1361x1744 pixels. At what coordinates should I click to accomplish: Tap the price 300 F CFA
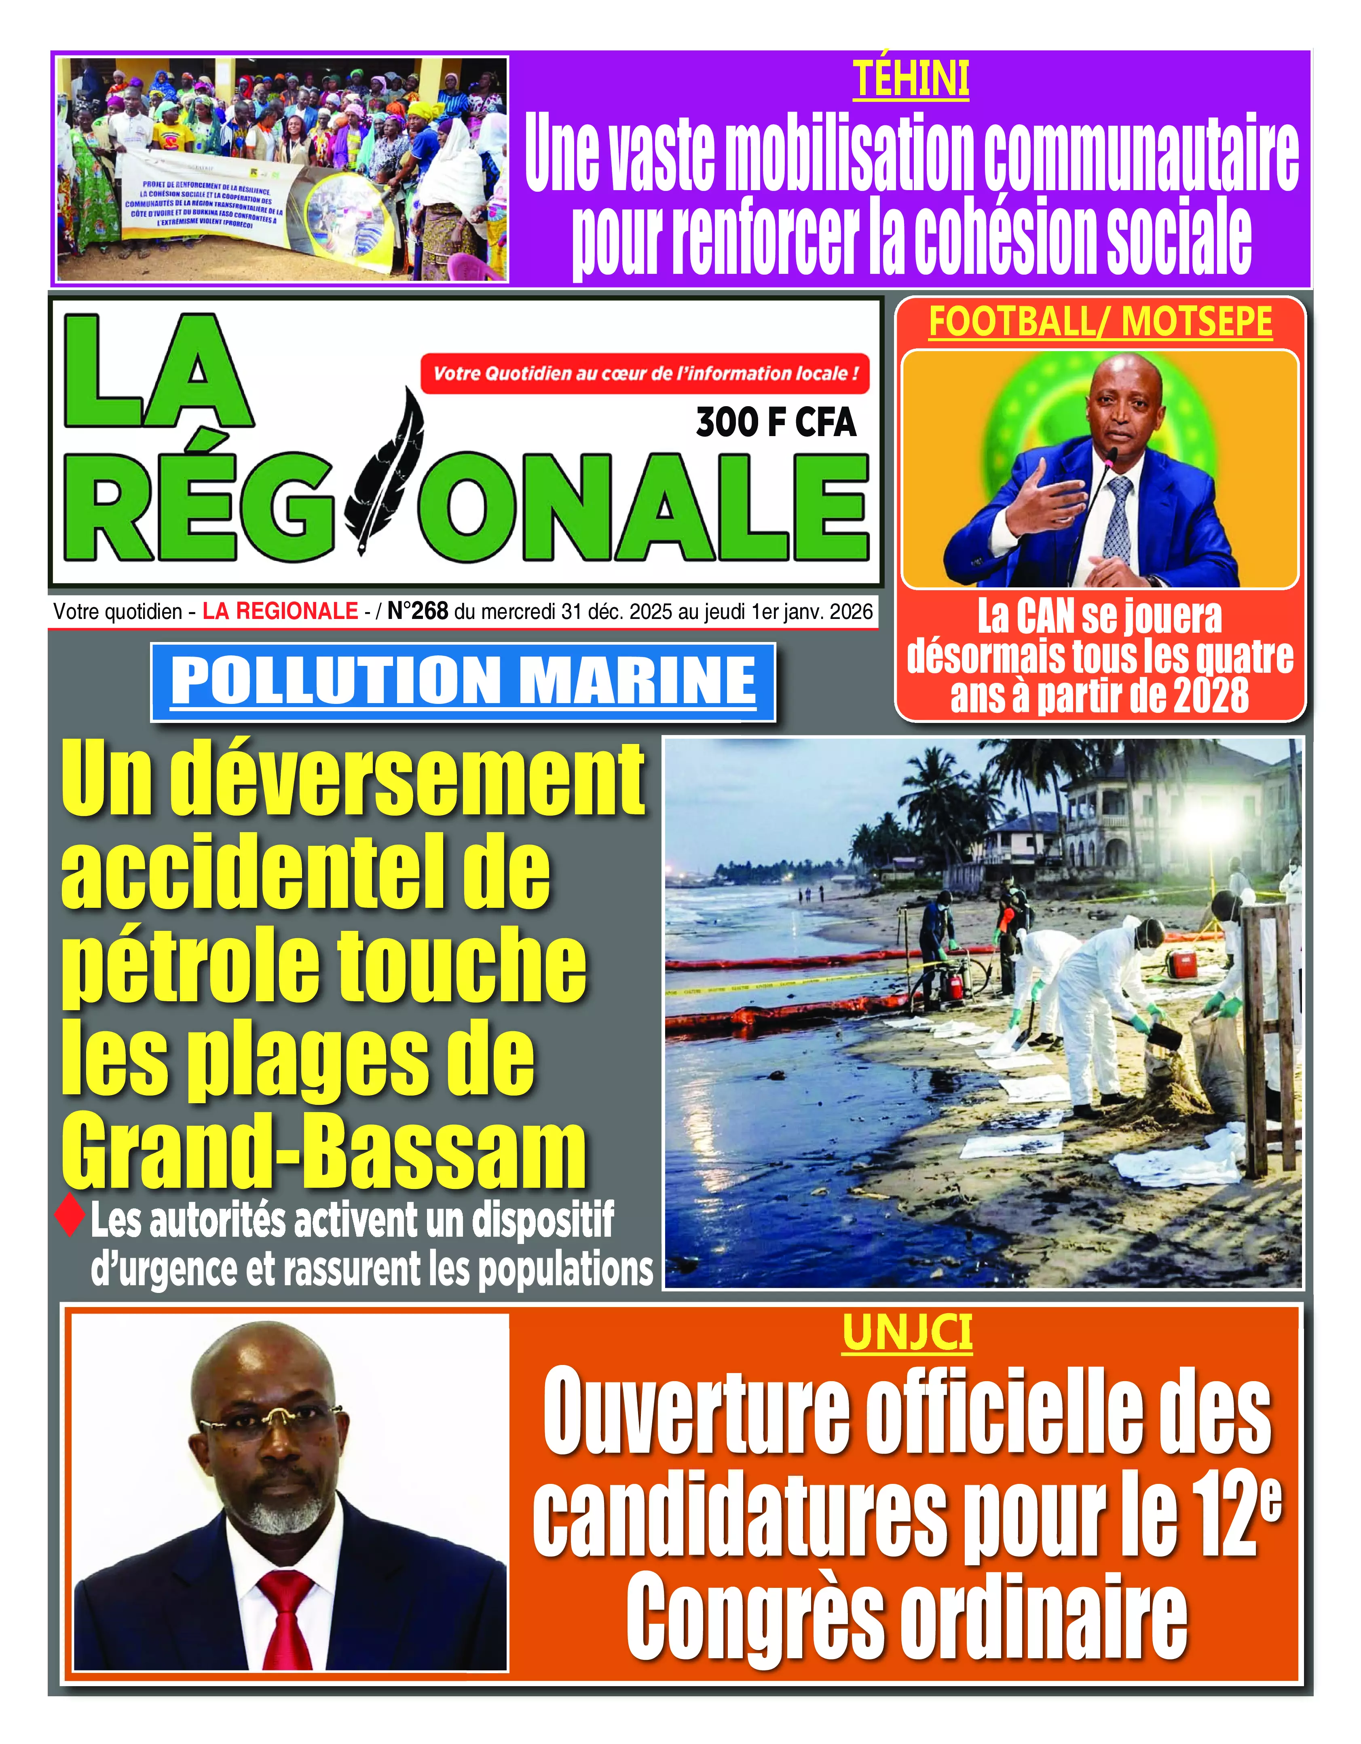pyautogui.click(x=776, y=422)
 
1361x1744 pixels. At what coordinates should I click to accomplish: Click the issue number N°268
pyautogui.click(x=418, y=612)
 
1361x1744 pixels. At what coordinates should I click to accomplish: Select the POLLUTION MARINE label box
pyautogui.click(x=463, y=681)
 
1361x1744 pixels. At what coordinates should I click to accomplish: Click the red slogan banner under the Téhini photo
pyautogui.click(x=645, y=374)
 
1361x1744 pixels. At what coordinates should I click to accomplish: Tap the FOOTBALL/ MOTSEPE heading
pyautogui.click(x=1100, y=322)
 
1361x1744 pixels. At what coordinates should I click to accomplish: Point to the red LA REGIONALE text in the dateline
pyautogui.click(x=280, y=612)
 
